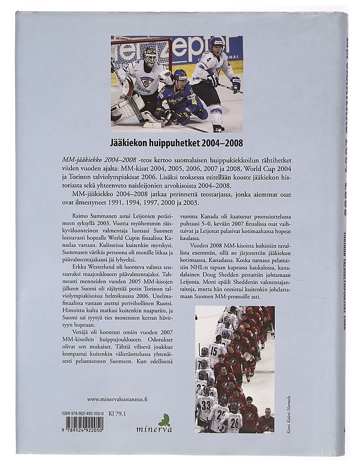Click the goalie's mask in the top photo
point(150,57)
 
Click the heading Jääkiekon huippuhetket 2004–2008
point(176,142)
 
